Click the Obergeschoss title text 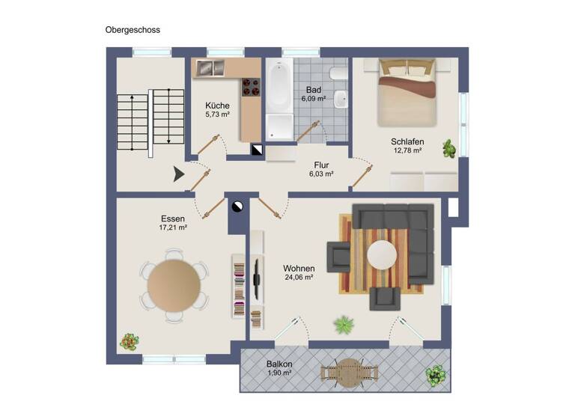click(x=133, y=30)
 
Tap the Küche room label click(x=217, y=106)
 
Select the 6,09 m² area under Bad click(x=313, y=99)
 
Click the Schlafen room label click(x=407, y=141)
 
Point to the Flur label click(x=321, y=165)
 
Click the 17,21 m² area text click(x=173, y=227)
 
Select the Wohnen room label click(x=298, y=268)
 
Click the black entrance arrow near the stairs click(x=178, y=174)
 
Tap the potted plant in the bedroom click(x=448, y=147)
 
